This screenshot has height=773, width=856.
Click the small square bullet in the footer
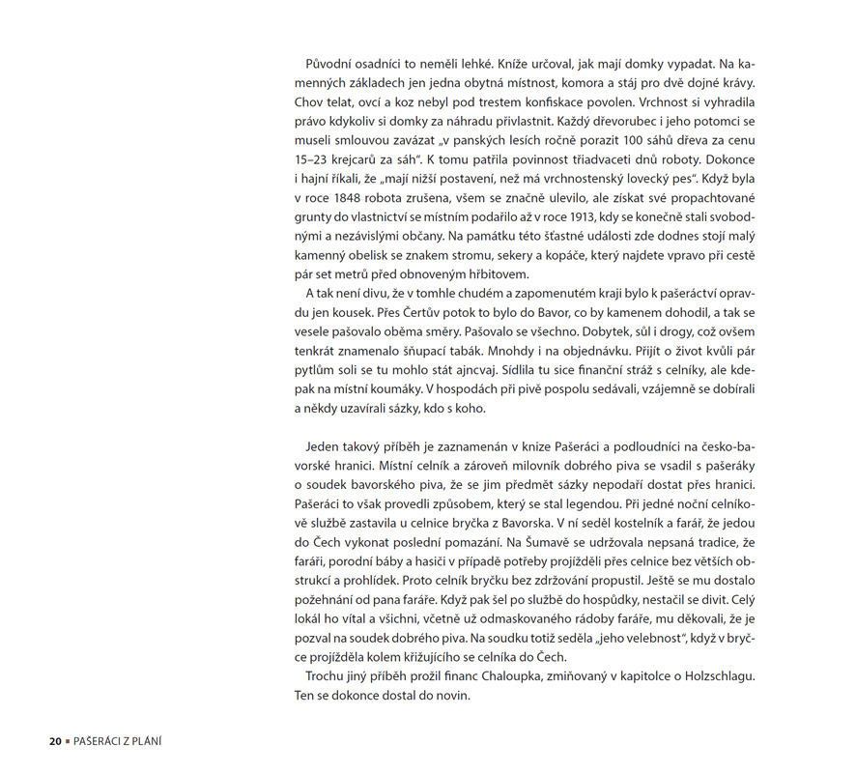click(70, 741)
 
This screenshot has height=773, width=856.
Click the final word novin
click(451, 694)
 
